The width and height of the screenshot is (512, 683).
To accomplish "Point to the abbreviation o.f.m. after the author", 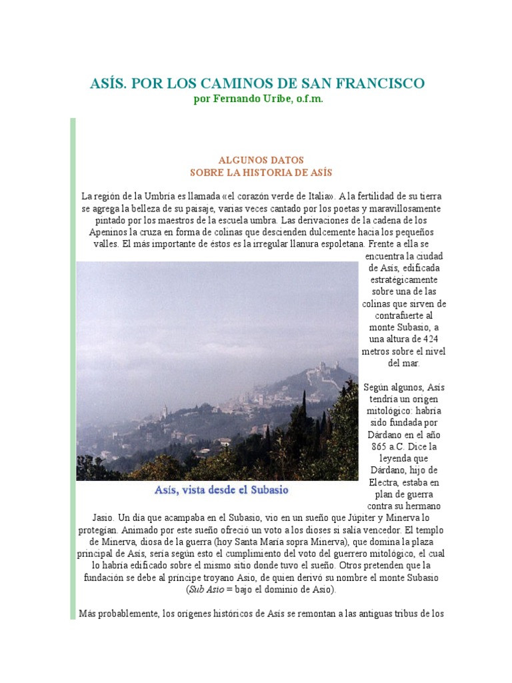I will click(x=306, y=99).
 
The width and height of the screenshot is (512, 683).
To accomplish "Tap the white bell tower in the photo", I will click(x=165, y=412).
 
